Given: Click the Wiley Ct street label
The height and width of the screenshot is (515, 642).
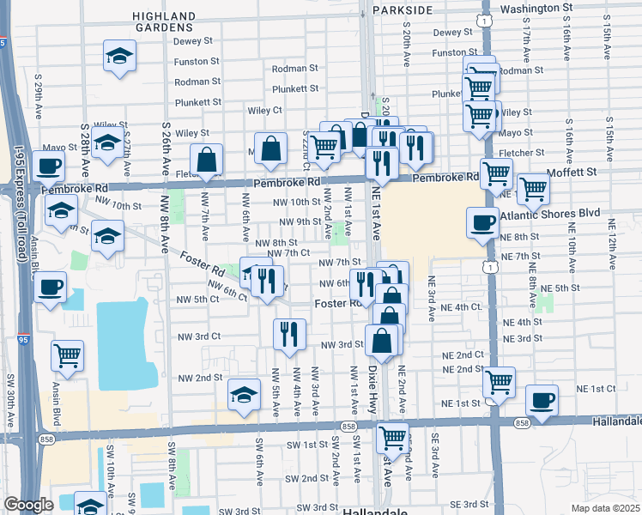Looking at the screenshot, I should [x=265, y=111].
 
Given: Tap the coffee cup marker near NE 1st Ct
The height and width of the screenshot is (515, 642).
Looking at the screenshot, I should [x=542, y=399].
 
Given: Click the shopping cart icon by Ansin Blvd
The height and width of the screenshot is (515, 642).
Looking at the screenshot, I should [x=67, y=354].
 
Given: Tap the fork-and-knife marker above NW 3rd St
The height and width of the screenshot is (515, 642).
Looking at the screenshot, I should [x=289, y=332].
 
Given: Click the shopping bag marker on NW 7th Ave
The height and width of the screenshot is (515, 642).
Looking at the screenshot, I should [x=207, y=159].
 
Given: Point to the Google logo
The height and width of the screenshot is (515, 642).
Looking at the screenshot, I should [x=28, y=505].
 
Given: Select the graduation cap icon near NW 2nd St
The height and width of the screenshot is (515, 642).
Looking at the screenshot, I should [x=245, y=395].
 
